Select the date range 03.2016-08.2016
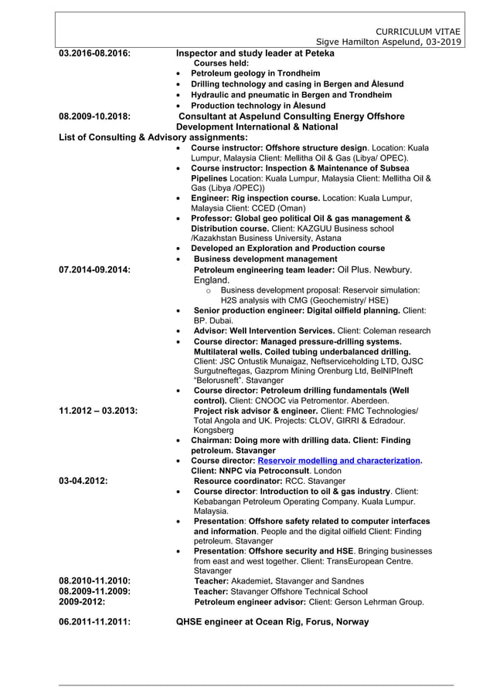(x=95, y=53)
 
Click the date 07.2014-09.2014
(x=95, y=270)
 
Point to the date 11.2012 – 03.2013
(x=98, y=410)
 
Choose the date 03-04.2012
(x=83, y=480)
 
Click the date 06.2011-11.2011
(x=95, y=621)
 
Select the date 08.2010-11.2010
(x=95, y=580)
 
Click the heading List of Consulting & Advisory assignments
(x=142, y=137)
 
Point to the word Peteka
(x=318, y=53)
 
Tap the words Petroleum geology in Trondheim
(x=255, y=73)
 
